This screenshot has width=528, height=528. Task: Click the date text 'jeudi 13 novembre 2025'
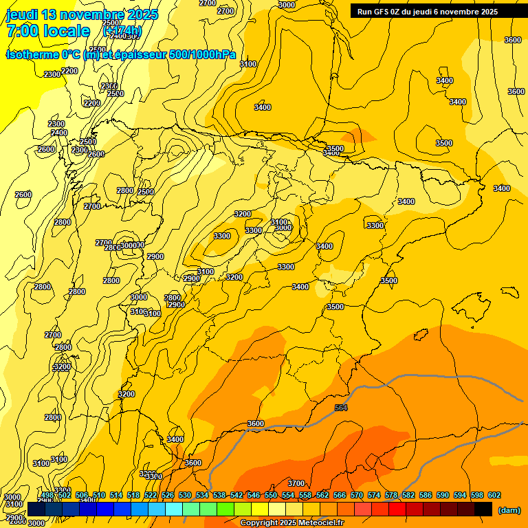pos(82,14)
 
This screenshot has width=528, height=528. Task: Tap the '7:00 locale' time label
pos(48,31)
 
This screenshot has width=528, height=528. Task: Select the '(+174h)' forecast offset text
pos(122,31)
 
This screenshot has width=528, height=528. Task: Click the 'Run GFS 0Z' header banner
pos(428,12)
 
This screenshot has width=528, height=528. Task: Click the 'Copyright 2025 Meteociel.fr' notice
pos(291,522)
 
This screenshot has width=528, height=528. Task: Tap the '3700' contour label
pos(296,483)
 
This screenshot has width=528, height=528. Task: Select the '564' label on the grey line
pos(341,408)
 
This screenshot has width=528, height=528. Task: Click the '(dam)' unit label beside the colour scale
pos(509,509)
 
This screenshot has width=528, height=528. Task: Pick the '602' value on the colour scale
pos(494,495)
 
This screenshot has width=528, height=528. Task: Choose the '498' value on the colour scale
pos(47,495)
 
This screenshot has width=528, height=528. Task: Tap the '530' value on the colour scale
pos(185,495)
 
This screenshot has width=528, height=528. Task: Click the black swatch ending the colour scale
pos(483,509)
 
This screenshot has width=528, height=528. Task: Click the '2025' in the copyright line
pos(284,522)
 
